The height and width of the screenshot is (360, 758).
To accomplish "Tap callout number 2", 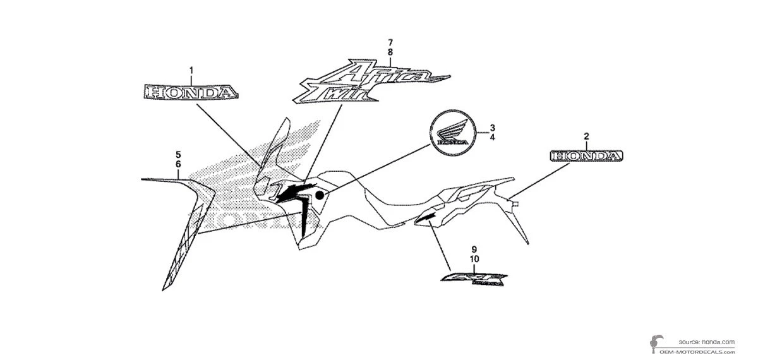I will [x=586, y=136].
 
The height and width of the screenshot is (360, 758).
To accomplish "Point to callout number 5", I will [x=179, y=154].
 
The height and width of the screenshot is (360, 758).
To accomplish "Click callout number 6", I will [x=179, y=164].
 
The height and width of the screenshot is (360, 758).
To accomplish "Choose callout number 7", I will [x=390, y=42].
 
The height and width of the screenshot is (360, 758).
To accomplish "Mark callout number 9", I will [x=474, y=249].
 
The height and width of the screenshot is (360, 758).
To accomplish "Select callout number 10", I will [x=474, y=259].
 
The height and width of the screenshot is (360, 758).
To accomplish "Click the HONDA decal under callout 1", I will [x=192, y=93].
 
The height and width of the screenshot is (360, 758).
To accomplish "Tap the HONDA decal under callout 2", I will [x=586, y=156].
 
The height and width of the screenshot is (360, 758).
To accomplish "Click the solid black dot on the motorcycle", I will [x=320, y=195].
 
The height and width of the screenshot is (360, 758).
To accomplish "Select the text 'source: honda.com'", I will [x=707, y=342].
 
